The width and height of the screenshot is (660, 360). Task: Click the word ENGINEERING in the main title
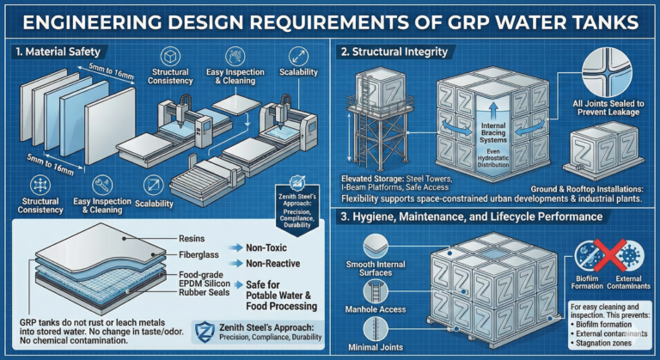(x=129, y=20)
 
